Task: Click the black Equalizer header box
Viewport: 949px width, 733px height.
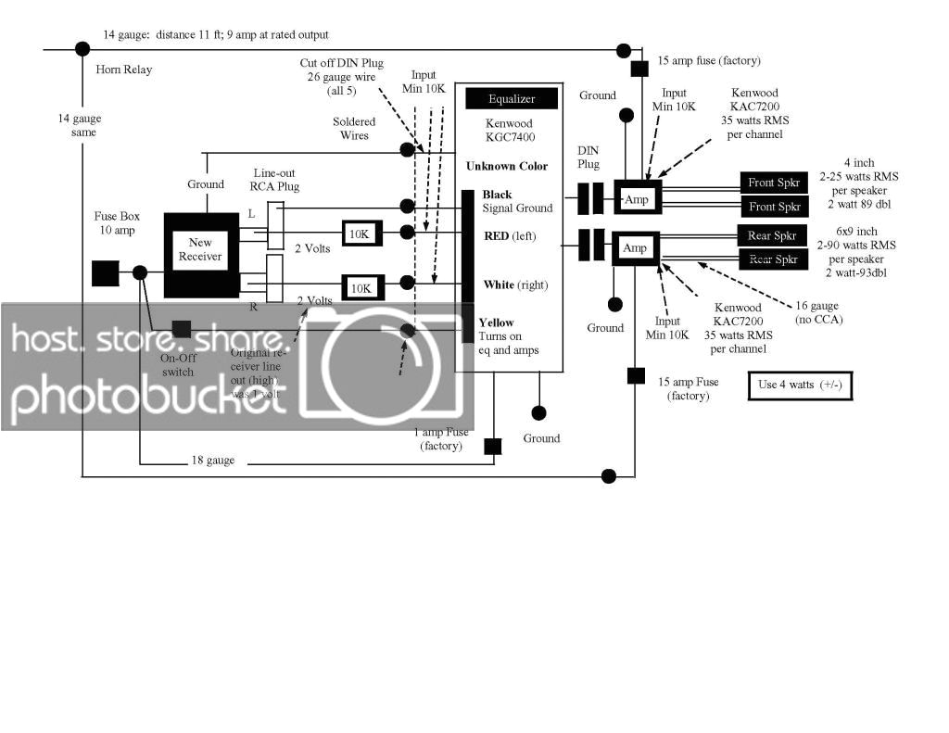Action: [512, 98]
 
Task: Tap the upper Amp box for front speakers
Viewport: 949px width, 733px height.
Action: [637, 198]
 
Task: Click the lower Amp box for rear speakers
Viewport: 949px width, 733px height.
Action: [636, 248]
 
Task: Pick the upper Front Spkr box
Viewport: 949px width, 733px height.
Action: [775, 183]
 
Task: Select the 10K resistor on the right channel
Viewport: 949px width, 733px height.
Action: [361, 288]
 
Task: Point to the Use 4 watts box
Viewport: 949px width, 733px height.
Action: [799, 385]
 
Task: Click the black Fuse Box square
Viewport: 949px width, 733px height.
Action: [105, 273]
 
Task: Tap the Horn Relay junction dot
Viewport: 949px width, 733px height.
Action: [82, 48]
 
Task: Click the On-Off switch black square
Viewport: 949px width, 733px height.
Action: [182, 329]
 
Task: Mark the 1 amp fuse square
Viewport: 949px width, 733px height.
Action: [493, 447]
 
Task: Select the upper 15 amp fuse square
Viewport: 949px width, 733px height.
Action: [639, 69]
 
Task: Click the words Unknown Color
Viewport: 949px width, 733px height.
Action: [508, 166]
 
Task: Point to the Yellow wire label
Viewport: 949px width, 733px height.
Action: [496, 323]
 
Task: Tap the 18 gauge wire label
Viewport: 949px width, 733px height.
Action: [213, 461]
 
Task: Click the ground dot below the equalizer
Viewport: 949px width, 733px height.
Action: [538, 412]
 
